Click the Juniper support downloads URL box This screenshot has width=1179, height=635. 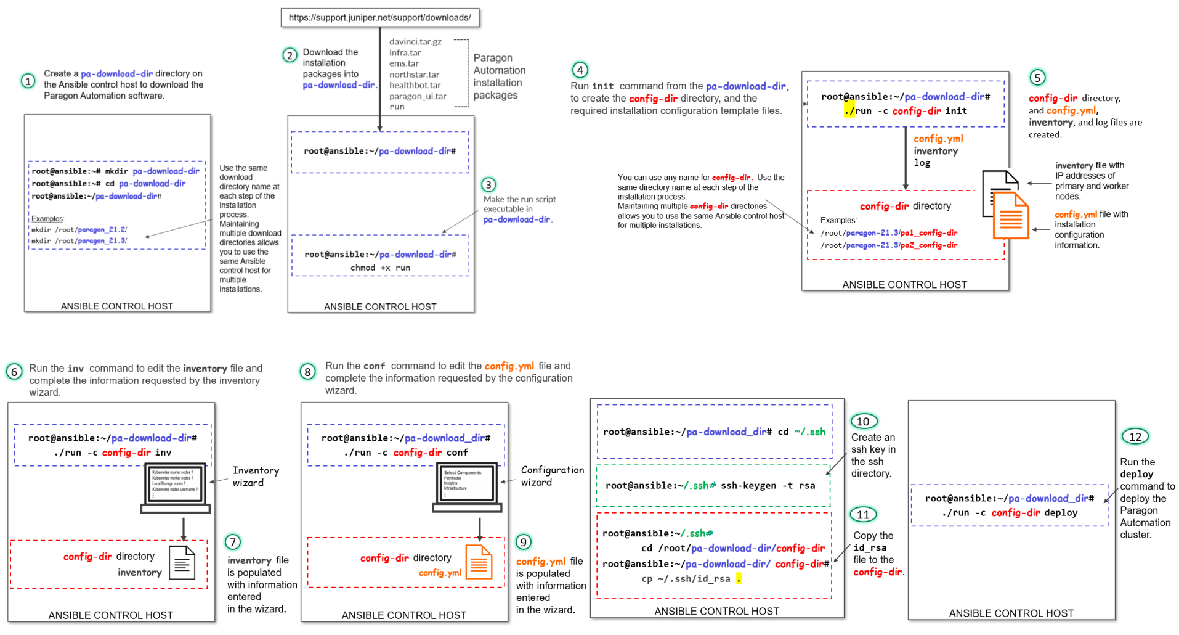(x=379, y=17)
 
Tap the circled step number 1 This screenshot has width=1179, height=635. (x=28, y=81)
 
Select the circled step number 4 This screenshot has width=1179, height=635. (x=580, y=70)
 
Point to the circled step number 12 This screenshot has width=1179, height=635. (x=1135, y=436)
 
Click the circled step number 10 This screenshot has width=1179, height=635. (x=863, y=422)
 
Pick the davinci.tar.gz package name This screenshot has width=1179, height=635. (x=415, y=42)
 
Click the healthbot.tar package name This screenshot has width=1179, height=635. (x=415, y=85)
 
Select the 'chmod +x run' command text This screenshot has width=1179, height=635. (x=380, y=268)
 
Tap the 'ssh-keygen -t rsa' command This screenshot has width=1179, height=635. (x=768, y=486)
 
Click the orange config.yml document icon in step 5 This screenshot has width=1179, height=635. (x=1011, y=216)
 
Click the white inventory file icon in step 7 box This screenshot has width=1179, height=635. (x=182, y=562)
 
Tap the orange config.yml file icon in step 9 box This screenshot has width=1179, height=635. (x=479, y=562)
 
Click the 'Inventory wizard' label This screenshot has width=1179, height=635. (x=256, y=477)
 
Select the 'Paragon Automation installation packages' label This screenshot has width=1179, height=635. (x=499, y=76)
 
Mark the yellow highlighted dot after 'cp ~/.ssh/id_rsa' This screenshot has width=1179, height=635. (x=739, y=578)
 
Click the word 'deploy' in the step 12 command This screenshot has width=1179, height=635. (x=1061, y=513)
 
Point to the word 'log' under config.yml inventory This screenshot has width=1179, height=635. (x=922, y=163)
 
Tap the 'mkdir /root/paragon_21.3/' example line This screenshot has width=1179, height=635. (x=79, y=241)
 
